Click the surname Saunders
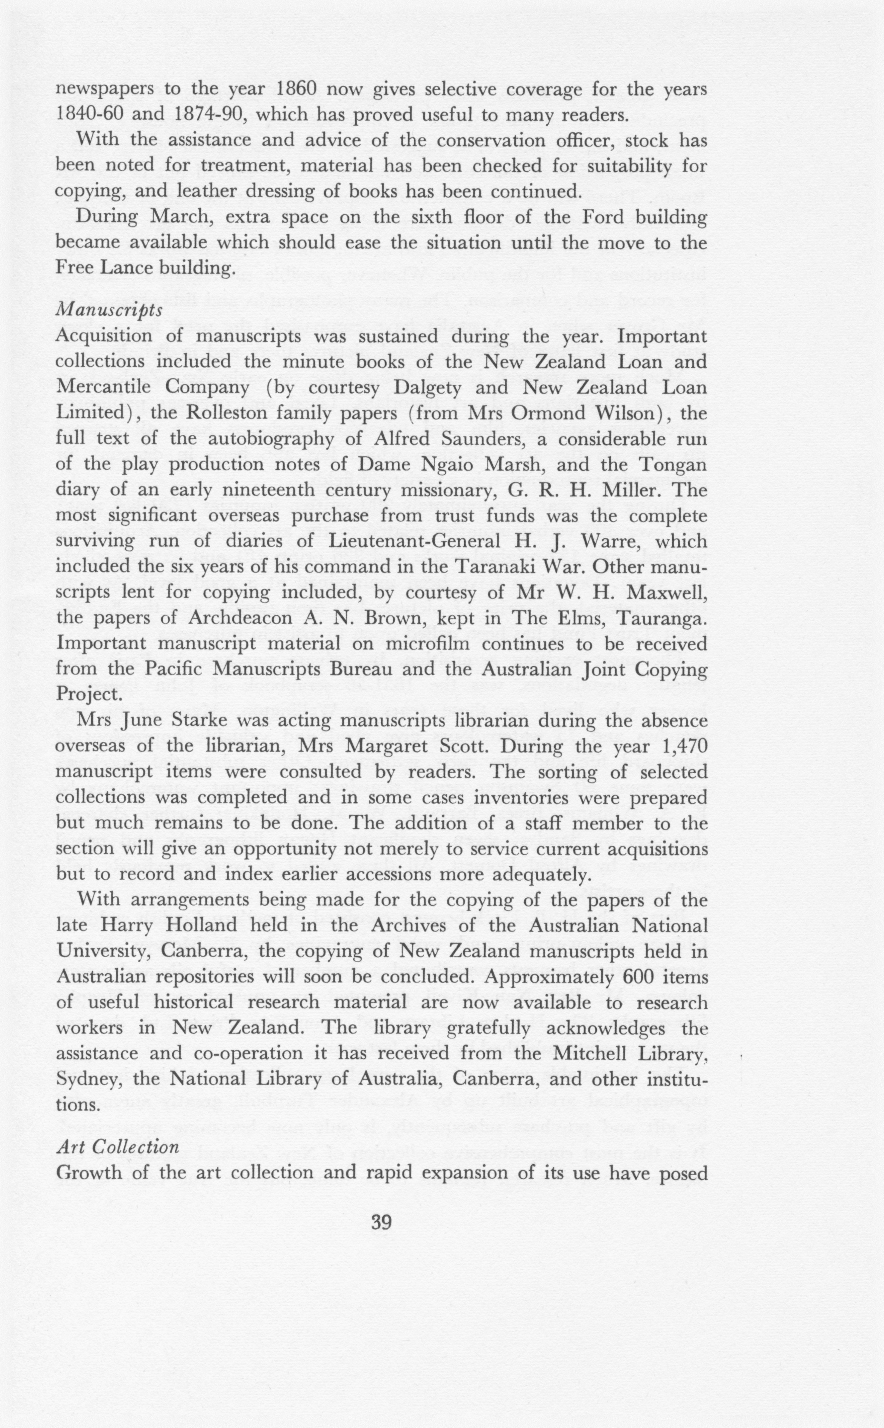494,439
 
